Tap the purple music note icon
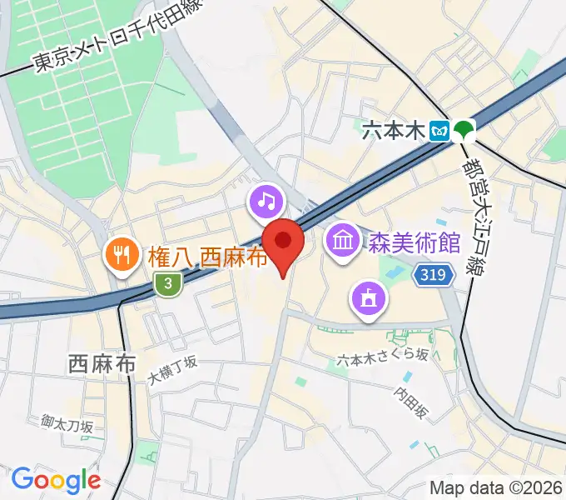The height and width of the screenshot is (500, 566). [x=266, y=201]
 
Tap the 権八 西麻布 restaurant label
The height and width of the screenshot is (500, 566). [x=209, y=256]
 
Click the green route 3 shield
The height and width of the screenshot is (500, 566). [x=168, y=284]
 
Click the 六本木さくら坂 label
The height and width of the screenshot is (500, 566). [x=383, y=357]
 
